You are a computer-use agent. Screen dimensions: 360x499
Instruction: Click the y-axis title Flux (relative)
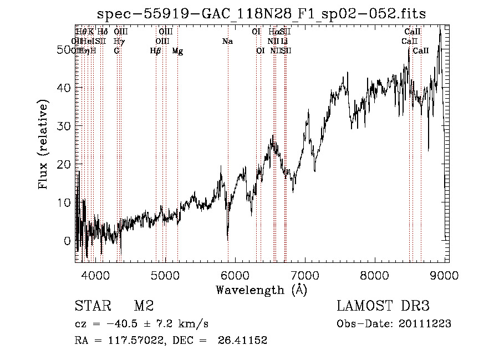43,144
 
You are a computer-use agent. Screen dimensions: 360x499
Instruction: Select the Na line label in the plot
227,42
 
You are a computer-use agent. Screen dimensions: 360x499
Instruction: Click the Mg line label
177,51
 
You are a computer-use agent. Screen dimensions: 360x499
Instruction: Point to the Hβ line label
156,51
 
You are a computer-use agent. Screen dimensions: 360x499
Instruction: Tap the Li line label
284,42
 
